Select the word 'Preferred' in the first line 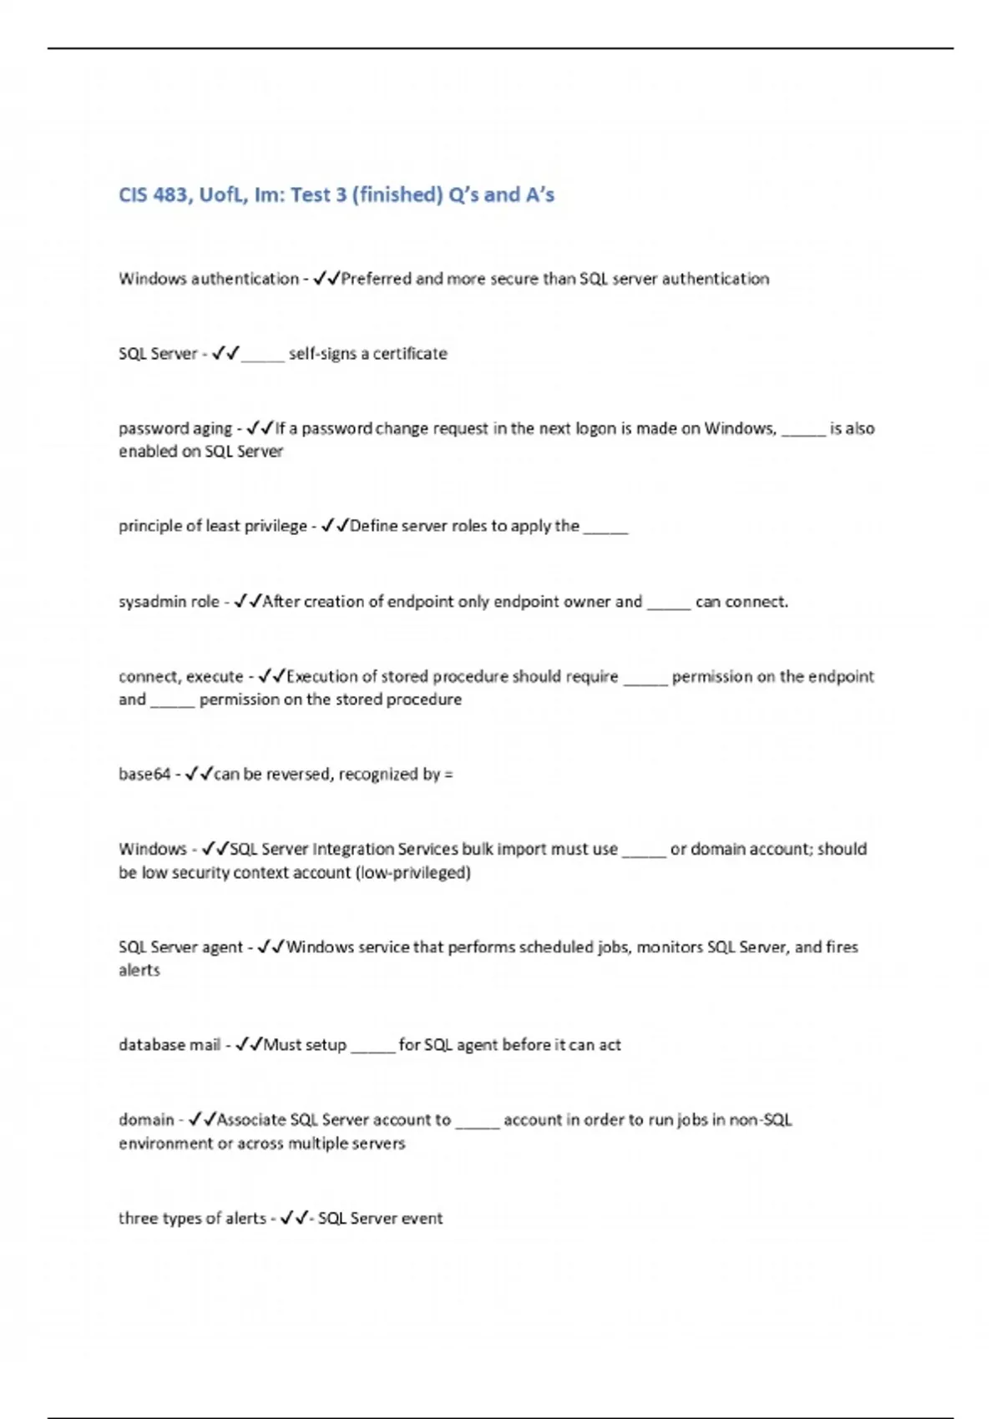(x=377, y=279)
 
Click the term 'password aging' (x=175, y=429)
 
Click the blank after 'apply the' (x=605, y=528)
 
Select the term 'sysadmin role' (x=169, y=602)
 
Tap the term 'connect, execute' (x=180, y=677)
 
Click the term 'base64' (x=144, y=775)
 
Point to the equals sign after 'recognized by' (x=449, y=775)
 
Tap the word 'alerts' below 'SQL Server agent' (x=139, y=971)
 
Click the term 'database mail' (x=170, y=1045)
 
